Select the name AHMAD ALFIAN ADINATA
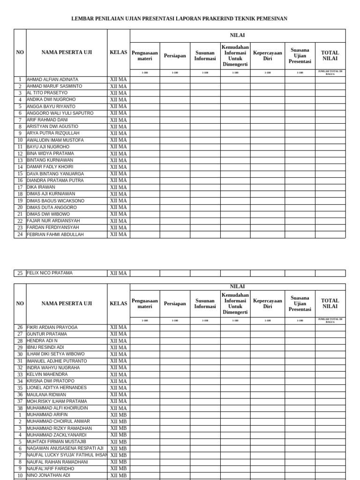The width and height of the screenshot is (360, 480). coord(52,80)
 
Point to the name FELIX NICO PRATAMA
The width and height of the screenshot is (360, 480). coord(50,273)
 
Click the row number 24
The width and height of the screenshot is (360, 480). coord(20,234)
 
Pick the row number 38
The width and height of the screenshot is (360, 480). coord(20,408)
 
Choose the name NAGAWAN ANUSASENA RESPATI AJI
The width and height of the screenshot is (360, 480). coord(65,449)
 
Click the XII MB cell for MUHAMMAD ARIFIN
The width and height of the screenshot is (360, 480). coord(118,415)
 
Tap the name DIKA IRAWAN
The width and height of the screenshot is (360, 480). coord(41,187)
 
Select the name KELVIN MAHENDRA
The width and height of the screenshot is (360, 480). coord(47,375)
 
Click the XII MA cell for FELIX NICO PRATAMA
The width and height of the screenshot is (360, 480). coord(118,273)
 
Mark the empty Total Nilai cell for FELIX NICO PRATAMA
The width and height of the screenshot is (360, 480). coord(330,273)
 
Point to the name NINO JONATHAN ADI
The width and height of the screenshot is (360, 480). coord(48,475)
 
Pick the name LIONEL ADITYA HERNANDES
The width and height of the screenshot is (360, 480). coord(57,388)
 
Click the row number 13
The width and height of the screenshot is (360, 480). coord(20,160)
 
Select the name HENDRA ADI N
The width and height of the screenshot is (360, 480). coord(42,341)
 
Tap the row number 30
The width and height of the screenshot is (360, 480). coord(20,354)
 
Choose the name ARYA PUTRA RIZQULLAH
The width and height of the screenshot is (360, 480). coord(53,133)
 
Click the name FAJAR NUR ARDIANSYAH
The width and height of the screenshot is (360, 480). coord(53,221)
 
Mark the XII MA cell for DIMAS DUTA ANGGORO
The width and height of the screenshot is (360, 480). coord(118,207)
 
